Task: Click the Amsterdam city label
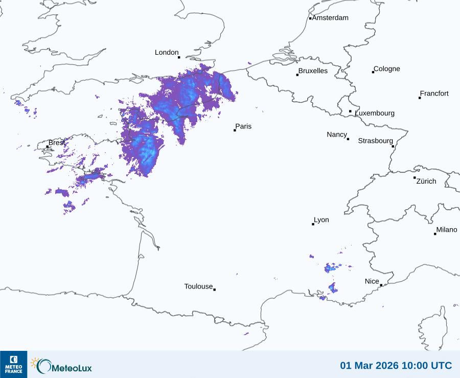(x=330, y=18)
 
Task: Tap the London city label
(x=167, y=53)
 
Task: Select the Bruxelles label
(x=313, y=71)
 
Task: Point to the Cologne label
(x=387, y=69)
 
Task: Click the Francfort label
(x=434, y=94)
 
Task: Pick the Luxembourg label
(x=375, y=113)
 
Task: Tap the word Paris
(x=243, y=126)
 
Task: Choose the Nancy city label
(x=337, y=135)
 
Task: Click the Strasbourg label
(x=375, y=141)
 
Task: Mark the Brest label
(x=57, y=142)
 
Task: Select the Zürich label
(x=426, y=181)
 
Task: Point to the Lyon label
(x=321, y=220)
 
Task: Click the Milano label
(x=447, y=230)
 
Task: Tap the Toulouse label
(x=198, y=286)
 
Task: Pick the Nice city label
(x=372, y=281)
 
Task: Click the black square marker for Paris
(x=235, y=130)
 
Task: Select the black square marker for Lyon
(x=313, y=224)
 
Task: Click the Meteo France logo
(x=13, y=364)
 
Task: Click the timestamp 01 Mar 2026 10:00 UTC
(x=396, y=366)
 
